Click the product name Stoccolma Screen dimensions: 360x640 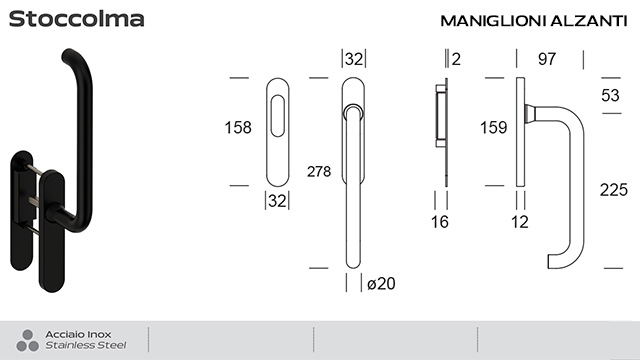pyautogui.click(x=78, y=19)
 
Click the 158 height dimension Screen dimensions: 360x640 pyautogui.click(x=239, y=128)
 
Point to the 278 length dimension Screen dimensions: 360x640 pyautogui.click(x=321, y=170)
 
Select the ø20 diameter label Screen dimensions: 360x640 pyautogui.click(x=381, y=283)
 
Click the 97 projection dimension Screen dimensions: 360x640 pyautogui.click(x=546, y=59)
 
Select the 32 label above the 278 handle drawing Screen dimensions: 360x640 pyautogui.click(x=353, y=59)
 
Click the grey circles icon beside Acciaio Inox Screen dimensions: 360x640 pyautogui.click(x=22, y=339)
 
